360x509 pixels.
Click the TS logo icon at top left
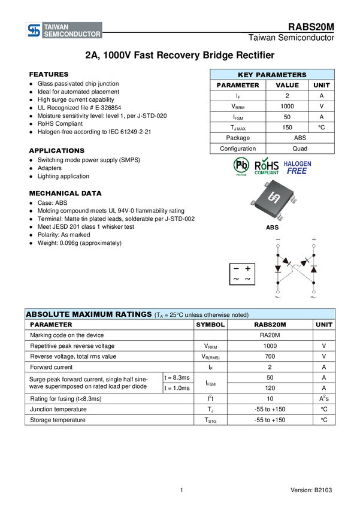point(34,31)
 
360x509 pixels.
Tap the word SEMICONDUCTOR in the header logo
point(71,35)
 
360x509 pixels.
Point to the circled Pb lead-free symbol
point(241,165)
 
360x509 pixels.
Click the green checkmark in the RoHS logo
point(265,160)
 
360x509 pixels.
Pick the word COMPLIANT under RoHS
point(267,173)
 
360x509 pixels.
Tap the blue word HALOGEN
point(297,162)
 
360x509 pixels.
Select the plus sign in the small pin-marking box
point(247,269)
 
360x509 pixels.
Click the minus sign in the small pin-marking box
point(236,269)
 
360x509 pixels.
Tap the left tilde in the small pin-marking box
point(236,280)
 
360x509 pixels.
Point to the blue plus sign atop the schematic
point(313,240)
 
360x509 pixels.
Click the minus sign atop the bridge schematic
point(277,240)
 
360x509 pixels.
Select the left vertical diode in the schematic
point(278,269)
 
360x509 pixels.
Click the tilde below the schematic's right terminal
point(313,296)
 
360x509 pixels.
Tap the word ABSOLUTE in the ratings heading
point(48,314)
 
